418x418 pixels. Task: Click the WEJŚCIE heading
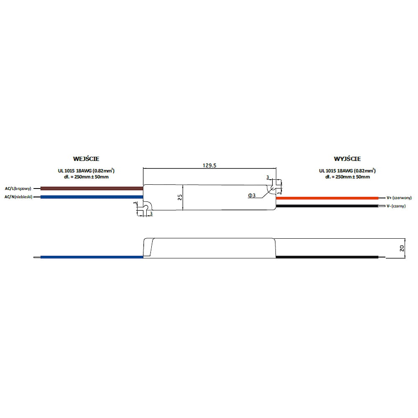click(87, 159)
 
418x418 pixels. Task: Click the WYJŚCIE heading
click(347, 159)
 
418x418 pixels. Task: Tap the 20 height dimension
click(402, 248)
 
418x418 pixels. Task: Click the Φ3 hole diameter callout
click(252, 195)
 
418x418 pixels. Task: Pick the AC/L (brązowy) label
click(18, 189)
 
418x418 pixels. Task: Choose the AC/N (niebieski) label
click(18, 196)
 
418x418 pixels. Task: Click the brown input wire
click(92, 189)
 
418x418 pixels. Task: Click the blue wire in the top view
click(92, 196)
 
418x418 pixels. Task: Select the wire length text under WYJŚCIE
click(347, 177)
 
